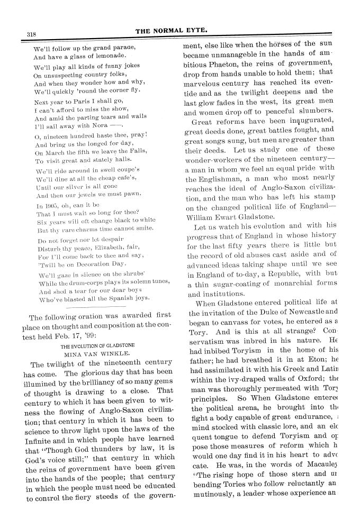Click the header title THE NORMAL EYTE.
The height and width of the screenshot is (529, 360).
(179, 31)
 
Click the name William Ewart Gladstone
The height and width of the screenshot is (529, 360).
(230, 216)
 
